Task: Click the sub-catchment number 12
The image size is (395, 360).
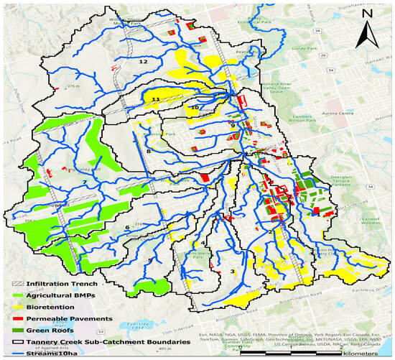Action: point(143,63)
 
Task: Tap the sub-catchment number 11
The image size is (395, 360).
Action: point(155,98)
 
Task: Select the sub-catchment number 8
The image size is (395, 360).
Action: point(149,152)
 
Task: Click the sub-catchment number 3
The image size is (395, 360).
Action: point(233,270)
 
